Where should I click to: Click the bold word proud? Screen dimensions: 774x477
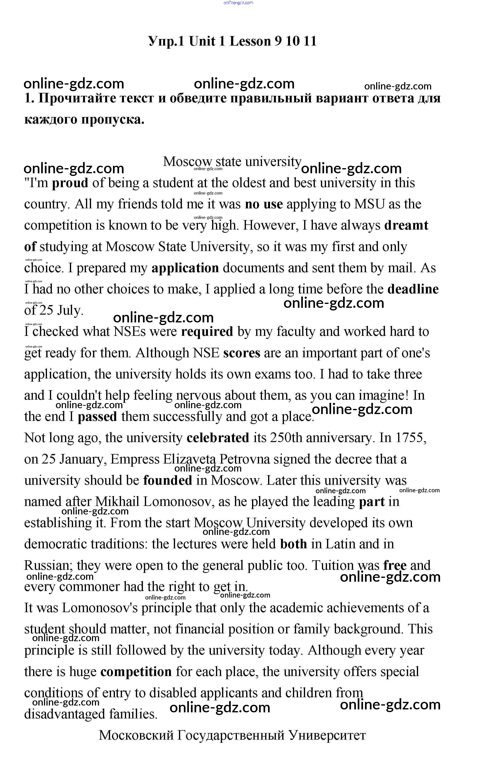[70, 183]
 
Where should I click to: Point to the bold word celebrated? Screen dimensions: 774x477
[218, 438]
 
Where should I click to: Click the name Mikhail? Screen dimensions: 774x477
[117, 502]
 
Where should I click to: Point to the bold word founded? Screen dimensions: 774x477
[168, 480]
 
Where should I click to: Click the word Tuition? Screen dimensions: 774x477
[333, 565]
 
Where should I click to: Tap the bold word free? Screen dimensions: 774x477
[395, 565]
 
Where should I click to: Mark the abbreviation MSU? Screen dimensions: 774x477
[369, 204]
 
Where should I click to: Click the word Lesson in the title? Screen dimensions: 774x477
[250, 41]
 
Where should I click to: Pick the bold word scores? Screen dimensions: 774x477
[242, 353]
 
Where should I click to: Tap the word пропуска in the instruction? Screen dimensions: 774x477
[113, 120]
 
